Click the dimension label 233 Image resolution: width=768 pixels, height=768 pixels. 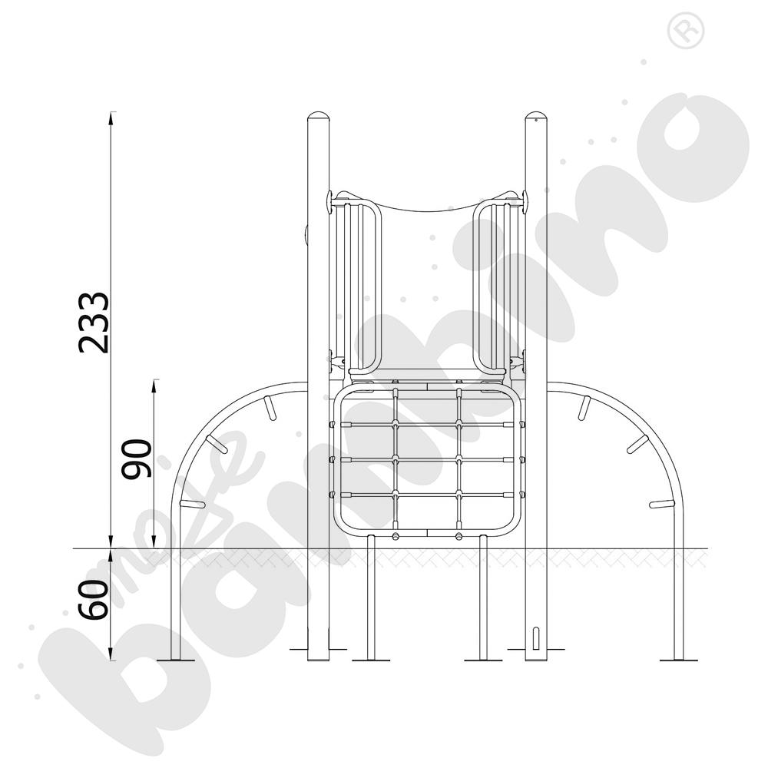point(94,323)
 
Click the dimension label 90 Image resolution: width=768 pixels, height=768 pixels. point(138,458)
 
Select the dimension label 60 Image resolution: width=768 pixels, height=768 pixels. point(94,600)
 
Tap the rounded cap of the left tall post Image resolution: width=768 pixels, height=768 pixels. point(319,118)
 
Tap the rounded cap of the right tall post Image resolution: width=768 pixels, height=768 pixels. point(536,118)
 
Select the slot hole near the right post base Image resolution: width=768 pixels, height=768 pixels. point(536,638)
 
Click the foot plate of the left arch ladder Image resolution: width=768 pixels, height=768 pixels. point(176,659)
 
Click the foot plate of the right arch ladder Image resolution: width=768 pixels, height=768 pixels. point(680,659)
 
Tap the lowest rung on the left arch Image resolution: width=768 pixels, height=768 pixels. point(191,505)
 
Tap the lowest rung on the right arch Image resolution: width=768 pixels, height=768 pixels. point(661,505)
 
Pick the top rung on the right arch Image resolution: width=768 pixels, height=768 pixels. point(584,408)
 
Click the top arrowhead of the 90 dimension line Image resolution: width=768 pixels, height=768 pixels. point(156,384)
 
